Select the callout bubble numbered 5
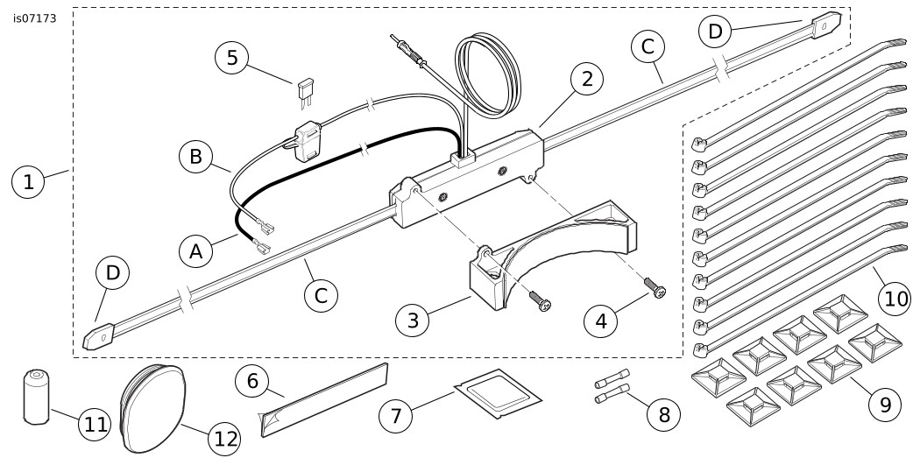232,58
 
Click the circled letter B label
195,158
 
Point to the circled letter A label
196,252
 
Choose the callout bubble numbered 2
586,80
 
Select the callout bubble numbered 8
663,413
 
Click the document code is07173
34,18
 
